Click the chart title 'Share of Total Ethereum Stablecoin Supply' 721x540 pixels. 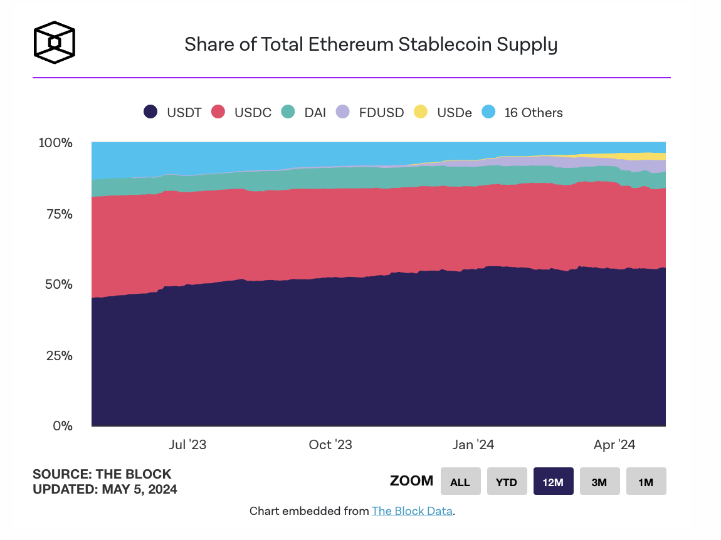point(371,45)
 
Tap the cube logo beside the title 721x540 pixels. point(54,43)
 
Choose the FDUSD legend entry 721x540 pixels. point(371,113)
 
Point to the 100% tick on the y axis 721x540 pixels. point(56,143)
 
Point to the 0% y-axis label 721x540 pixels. point(62,426)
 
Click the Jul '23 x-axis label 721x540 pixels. point(187,445)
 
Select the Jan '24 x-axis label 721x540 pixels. point(473,445)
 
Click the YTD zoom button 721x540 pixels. point(507,482)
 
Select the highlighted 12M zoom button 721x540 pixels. point(553,482)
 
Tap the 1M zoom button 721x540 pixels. point(646,482)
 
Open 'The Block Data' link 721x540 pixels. point(412,511)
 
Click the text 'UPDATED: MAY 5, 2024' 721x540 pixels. point(105,489)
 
